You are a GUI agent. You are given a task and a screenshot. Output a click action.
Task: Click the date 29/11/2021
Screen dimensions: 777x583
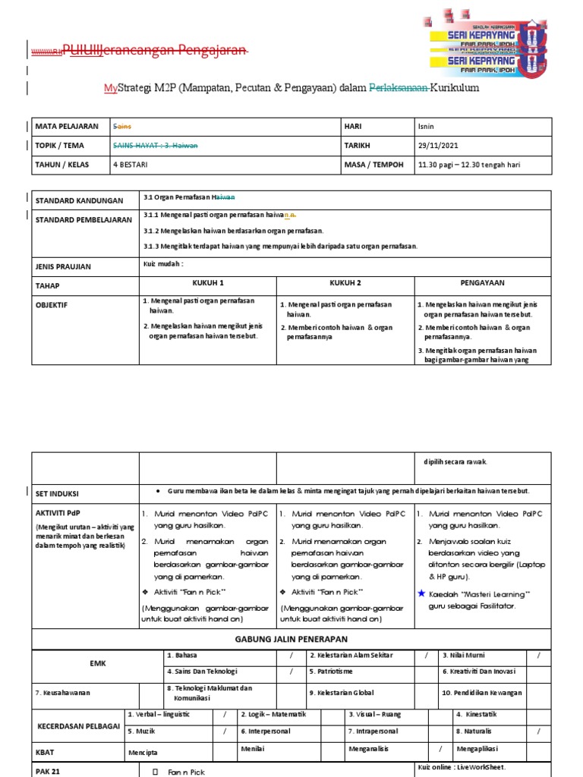tap(438, 145)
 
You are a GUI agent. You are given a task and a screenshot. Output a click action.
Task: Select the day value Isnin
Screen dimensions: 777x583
tap(427, 126)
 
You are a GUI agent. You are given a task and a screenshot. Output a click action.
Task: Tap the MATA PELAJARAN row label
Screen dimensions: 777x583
tap(67, 126)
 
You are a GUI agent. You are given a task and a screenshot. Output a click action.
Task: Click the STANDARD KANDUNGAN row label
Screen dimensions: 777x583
tap(79, 200)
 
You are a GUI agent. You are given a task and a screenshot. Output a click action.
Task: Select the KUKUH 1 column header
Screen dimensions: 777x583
tap(208, 282)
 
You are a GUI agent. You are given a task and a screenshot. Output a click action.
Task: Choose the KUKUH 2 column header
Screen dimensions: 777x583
tap(345, 282)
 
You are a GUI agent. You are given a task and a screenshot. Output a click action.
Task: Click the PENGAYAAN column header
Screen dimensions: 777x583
tap(483, 282)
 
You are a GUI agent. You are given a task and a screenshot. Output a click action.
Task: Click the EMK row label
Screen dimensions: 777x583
tap(97, 663)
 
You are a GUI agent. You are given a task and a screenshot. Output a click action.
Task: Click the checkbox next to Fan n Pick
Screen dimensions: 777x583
tap(155, 771)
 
